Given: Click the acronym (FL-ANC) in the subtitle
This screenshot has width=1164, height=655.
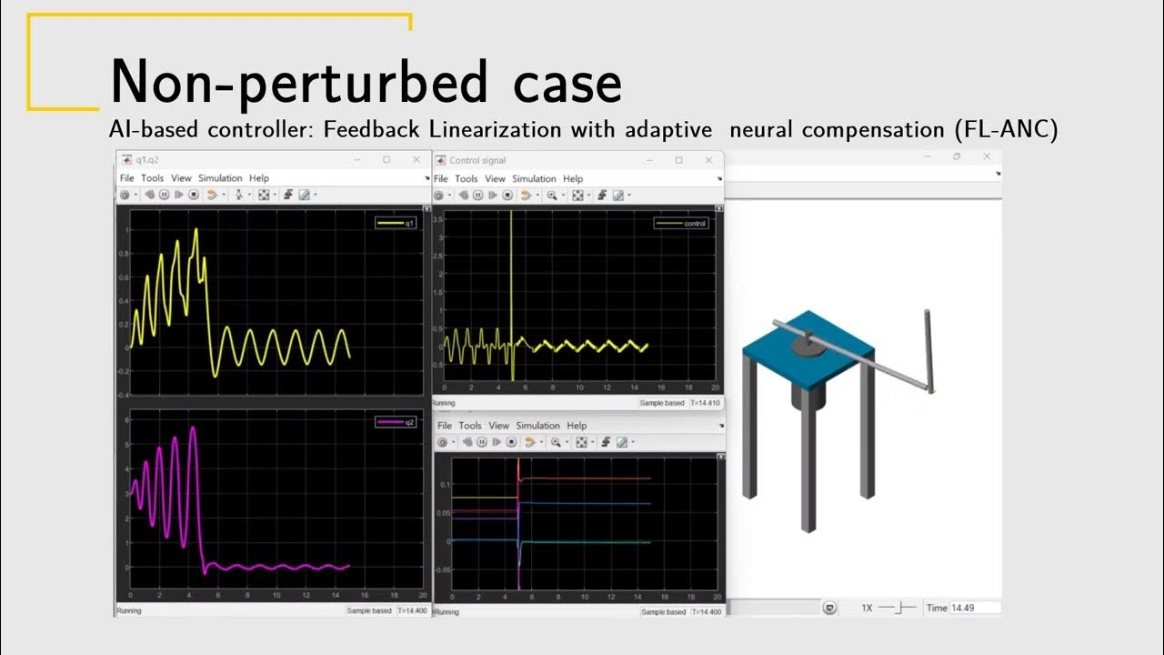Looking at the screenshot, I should point(1006,130).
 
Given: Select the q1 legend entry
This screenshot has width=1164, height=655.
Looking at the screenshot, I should point(396,223).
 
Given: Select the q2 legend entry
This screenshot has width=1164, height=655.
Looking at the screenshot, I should point(396,421).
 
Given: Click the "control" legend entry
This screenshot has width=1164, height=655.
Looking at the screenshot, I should point(681,223).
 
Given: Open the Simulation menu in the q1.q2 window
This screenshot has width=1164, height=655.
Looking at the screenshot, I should point(220,178).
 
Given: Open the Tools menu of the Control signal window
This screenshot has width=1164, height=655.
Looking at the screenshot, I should point(466,178).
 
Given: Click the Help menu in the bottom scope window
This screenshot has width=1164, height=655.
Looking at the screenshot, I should point(577,426).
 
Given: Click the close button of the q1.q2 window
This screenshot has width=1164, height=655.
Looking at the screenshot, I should point(413,160).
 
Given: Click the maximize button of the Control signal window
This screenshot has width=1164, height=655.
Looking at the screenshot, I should point(678,160).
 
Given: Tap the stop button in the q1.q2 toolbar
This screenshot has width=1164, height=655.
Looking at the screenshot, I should point(194,194).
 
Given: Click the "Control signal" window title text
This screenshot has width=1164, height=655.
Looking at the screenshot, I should point(477,160).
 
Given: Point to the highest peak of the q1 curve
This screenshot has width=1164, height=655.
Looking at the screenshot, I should point(196,229).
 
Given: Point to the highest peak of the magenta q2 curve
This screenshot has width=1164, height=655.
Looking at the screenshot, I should point(193,428).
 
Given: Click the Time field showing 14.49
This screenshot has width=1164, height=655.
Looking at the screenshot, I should point(974,608).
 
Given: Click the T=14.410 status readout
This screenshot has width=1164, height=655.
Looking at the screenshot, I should point(706,403).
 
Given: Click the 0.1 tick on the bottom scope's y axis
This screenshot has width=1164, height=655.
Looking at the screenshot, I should point(444,484).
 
